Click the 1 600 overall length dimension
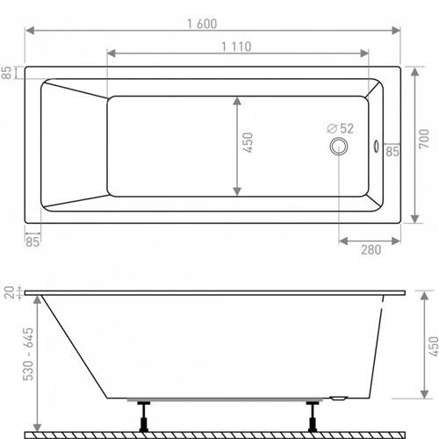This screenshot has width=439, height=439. pyautogui.click(x=202, y=24)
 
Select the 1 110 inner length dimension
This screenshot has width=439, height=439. pyautogui.click(x=236, y=47)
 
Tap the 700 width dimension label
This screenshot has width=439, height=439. pyautogui.click(x=424, y=139)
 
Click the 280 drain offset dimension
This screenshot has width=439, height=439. pyautogui.click(x=371, y=250)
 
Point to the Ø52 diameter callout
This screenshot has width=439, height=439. pyautogui.click(x=341, y=128)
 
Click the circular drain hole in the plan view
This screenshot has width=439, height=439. pyautogui.click(x=339, y=146)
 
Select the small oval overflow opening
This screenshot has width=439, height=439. pyautogui.click(x=376, y=146)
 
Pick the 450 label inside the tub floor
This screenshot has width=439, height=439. pyautogui.click(x=248, y=142)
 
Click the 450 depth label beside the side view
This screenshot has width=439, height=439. pyautogui.click(x=434, y=347)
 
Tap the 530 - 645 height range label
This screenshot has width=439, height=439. pyautogui.click(x=28, y=354)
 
